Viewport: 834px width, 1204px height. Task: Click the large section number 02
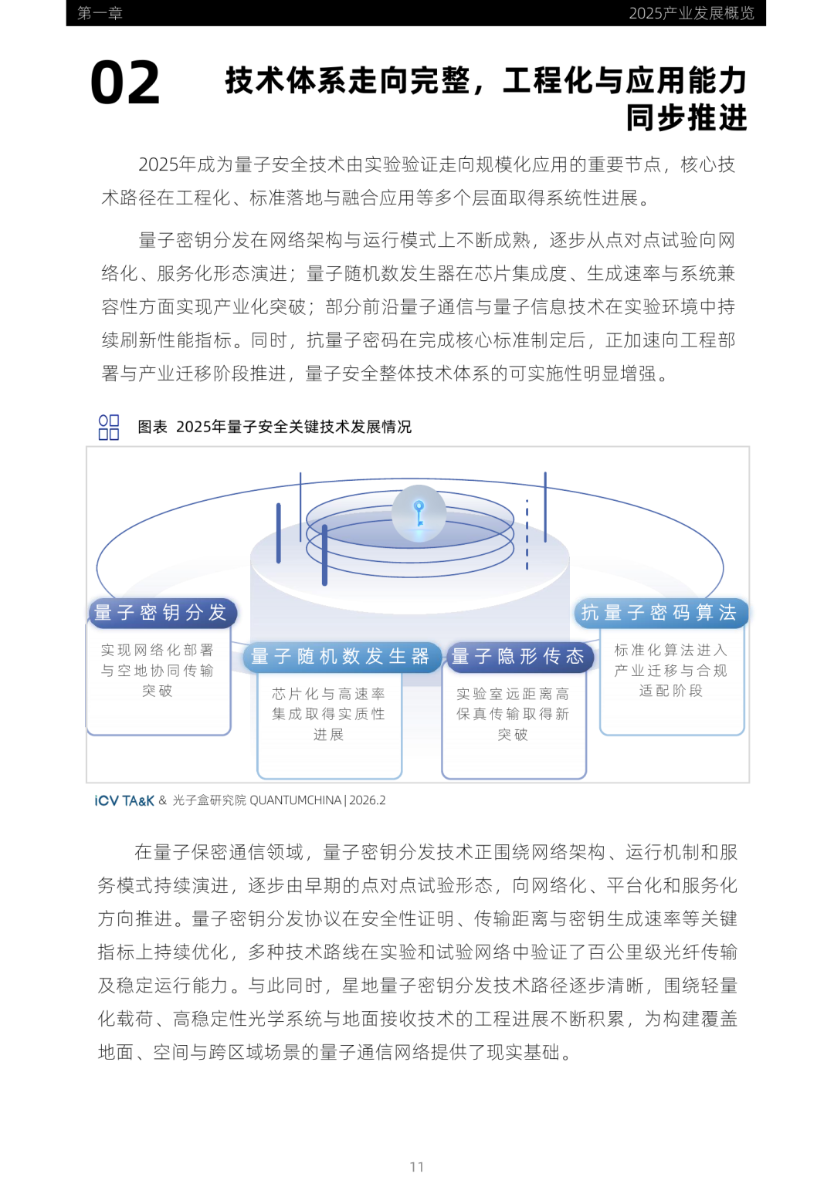pyautogui.click(x=125, y=83)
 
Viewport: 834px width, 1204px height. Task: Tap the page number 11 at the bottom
pyautogui.click(x=417, y=1167)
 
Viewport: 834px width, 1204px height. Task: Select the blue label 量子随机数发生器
pyautogui.click(x=341, y=657)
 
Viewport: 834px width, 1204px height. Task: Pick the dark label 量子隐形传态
pyautogui.click(x=518, y=657)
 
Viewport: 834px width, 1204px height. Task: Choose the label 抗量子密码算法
pyautogui.click(x=659, y=613)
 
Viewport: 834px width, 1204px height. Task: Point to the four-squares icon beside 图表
pyautogui.click(x=109, y=427)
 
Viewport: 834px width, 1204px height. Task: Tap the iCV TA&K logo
pyautogui.click(x=124, y=800)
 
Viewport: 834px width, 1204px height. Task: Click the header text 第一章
pyautogui.click(x=100, y=13)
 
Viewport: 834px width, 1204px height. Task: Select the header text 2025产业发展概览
pyautogui.click(x=691, y=13)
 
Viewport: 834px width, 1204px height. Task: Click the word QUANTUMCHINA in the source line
pyautogui.click(x=296, y=800)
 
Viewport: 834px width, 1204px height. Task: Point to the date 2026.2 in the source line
pyautogui.click(x=368, y=800)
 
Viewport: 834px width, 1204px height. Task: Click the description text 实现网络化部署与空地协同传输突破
pyautogui.click(x=158, y=670)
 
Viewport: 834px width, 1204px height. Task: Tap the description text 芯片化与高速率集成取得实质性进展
pyautogui.click(x=328, y=714)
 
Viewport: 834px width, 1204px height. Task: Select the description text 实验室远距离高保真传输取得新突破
pyautogui.click(x=513, y=714)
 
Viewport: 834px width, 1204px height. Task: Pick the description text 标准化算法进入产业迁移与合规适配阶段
pyautogui.click(x=671, y=670)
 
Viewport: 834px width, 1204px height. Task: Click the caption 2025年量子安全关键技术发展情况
pyautogui.click(x=293, y=427)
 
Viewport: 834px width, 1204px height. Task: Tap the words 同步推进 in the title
pyautogui.click(x=687, y=118)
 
